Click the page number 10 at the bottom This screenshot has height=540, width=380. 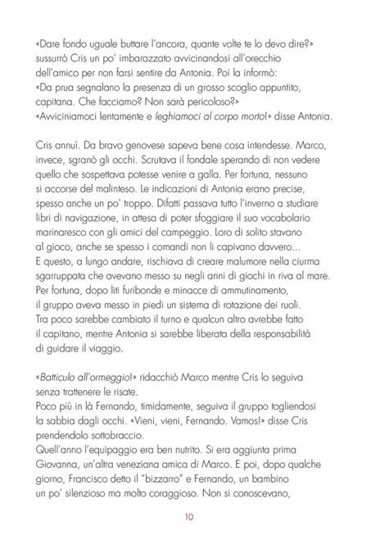click(190, 516)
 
